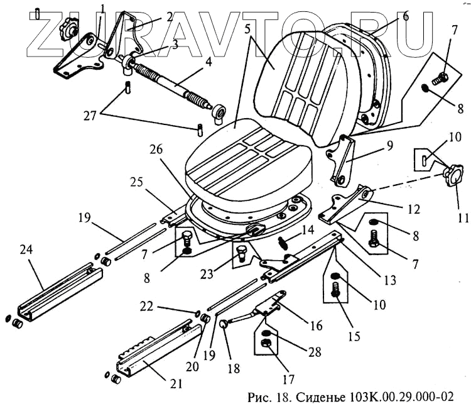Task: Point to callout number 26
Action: point(155,151)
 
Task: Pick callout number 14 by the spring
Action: point(307,231)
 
